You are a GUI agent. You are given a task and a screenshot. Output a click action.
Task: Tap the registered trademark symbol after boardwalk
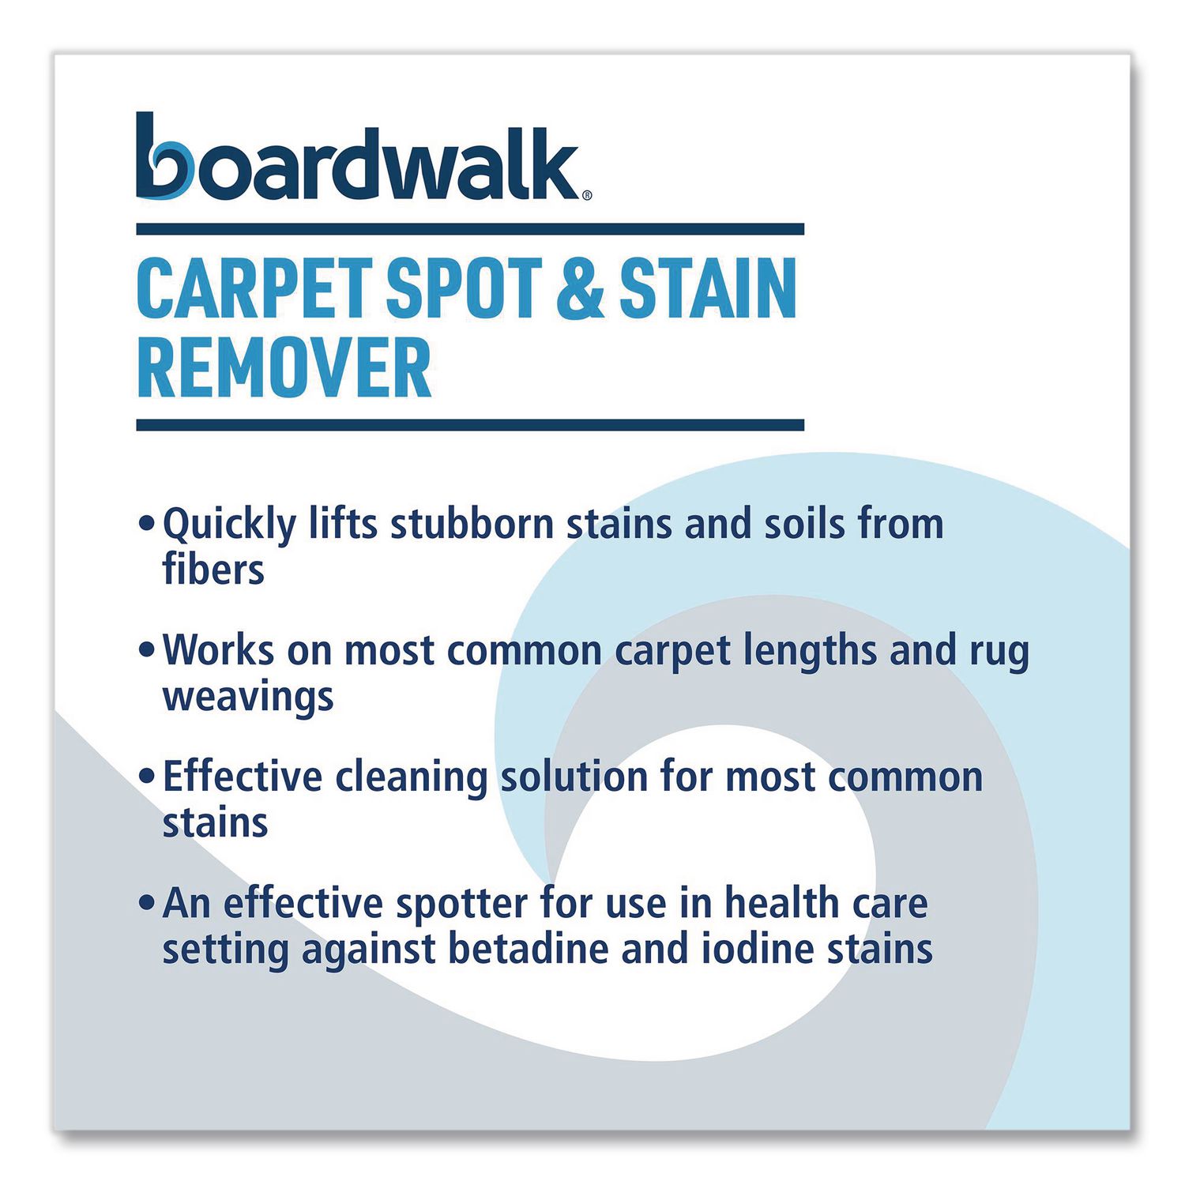click(586, 195)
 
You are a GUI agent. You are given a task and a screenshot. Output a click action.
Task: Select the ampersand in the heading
click(581, 289)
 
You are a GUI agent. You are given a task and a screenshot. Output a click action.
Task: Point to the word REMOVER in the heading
click(284, 368)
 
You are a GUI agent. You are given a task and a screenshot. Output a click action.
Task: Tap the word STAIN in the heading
click(708, 289)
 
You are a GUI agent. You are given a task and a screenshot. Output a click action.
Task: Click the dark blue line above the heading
click(470, 229)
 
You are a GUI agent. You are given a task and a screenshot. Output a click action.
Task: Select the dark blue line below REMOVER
click(470, 425)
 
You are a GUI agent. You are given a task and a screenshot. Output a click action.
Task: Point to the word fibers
click(213, 570)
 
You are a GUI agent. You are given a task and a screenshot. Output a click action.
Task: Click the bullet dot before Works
click(145, 649)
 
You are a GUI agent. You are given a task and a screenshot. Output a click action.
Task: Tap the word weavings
click(248, 698)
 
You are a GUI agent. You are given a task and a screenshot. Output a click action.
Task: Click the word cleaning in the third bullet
click(411, 777)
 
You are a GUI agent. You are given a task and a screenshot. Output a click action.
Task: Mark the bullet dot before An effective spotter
click(145, 902)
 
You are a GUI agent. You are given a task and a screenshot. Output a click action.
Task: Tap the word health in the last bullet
click(781, 903)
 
